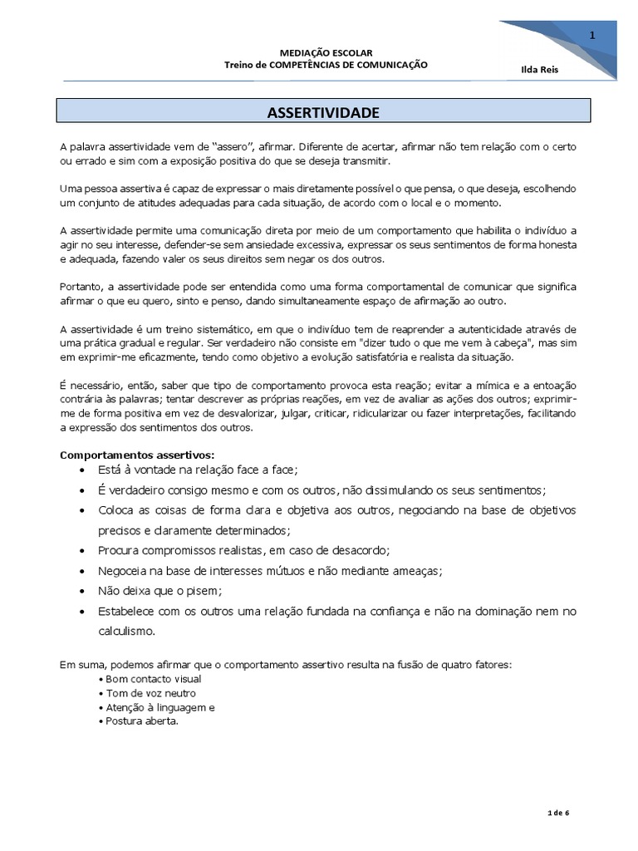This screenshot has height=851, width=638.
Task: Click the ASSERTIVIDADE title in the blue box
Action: click(x=323, y=111)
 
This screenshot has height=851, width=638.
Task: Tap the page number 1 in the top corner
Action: click(x=591, y=35)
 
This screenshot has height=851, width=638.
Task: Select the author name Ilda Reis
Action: click(x=540, y=69)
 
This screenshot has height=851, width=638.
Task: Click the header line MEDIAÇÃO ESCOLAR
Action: click(x=326, y=52)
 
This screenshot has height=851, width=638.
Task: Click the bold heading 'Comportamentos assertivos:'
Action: click(x=137, y=455)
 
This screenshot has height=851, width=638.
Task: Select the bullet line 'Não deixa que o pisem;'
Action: click(x=160, y=590)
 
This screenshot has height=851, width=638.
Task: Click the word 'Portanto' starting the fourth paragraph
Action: click(x=81, y=286)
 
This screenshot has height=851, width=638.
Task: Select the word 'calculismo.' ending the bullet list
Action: click(x=126, y=631)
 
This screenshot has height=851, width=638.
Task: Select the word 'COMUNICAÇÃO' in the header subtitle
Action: click(x=391, y=65)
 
